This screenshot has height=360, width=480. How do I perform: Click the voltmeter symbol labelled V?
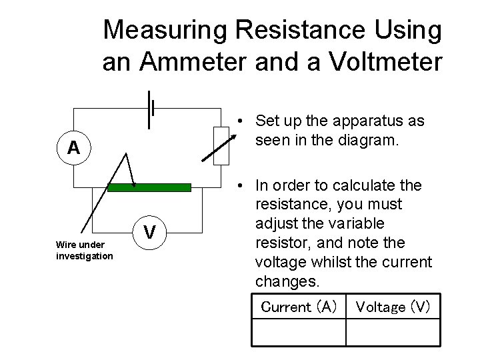pos(151,232)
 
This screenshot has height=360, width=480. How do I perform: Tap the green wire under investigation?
pos(149,187)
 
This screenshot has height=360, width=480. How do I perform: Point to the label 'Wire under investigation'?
pos(85,251)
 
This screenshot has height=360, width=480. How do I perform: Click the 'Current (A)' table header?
pos(299,307)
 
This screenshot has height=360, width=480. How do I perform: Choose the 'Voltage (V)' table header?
pos(393,307)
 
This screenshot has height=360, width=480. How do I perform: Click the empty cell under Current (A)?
pos(299,332)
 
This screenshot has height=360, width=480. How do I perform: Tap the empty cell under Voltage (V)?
pos(393,332)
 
